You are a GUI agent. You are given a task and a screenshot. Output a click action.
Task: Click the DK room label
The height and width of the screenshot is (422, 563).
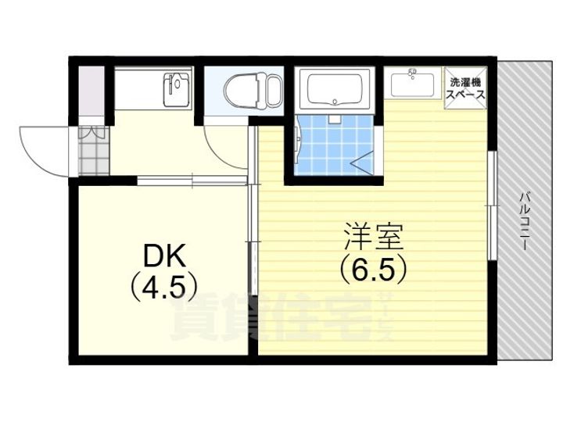163,256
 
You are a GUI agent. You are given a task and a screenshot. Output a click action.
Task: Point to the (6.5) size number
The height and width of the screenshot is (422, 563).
374,270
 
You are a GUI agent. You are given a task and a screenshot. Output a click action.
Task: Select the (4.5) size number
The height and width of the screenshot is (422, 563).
162,287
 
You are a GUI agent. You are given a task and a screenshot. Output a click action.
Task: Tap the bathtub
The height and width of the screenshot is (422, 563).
337,89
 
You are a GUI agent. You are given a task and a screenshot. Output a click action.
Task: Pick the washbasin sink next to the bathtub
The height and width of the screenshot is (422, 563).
412,83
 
